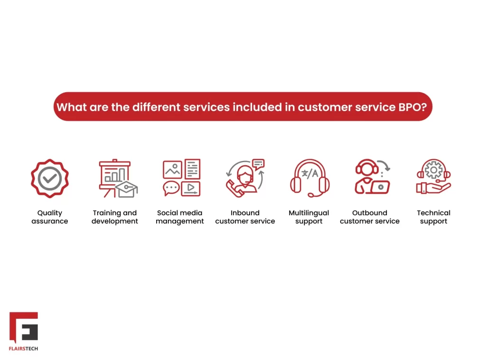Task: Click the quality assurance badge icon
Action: pos(50,179)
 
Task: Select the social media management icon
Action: pos(181,178)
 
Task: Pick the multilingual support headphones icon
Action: pos(309,178)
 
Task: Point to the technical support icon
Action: pos(433,177)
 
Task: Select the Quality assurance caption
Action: pos(50,217)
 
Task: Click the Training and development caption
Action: pos(115,217)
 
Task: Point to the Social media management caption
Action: pos(180,217)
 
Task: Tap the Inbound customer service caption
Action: pos(245,217)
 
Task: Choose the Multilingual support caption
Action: pos(309,217)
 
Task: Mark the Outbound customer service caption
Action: pos(370,217)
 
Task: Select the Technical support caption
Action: pos(434,217)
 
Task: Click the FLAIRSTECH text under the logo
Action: pos(24,349)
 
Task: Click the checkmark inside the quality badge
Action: pos(50,179)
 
